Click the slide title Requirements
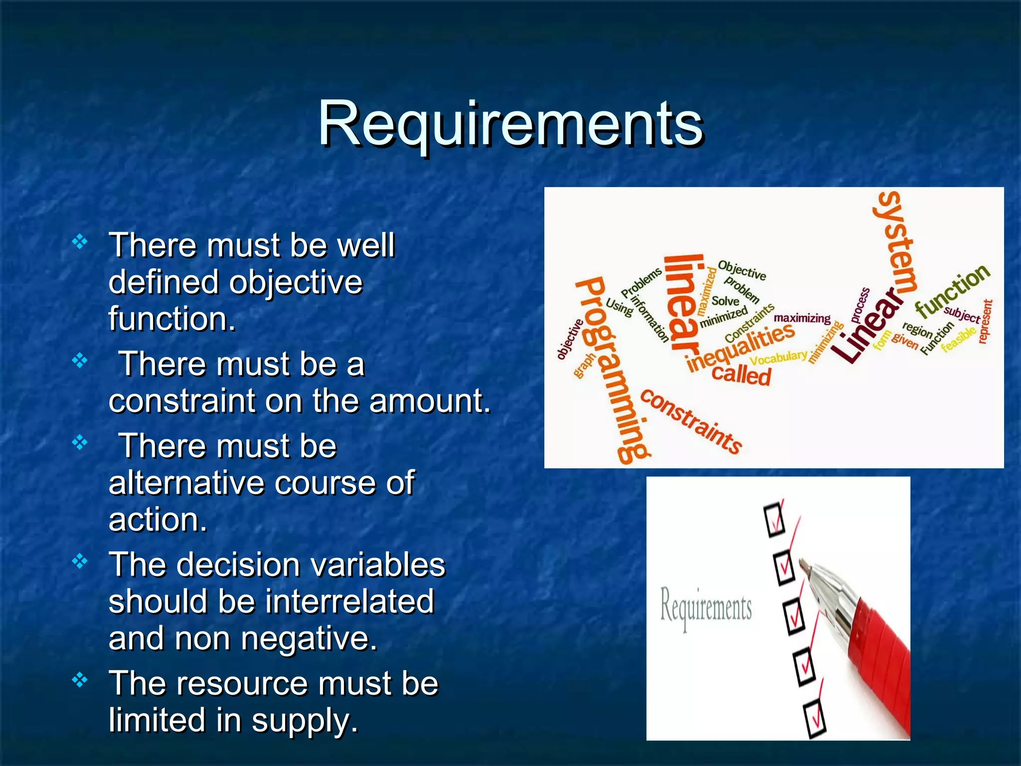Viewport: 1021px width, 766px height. click(510, 124)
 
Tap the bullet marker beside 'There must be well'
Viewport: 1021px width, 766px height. click(80, 242)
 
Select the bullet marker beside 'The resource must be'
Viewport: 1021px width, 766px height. click(80, 680)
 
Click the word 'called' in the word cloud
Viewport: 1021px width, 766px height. click(741, 374)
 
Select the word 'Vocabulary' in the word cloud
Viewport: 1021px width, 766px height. click(778, 357)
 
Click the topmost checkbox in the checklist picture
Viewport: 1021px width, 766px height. click(774, 520)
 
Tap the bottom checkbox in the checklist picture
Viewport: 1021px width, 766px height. click(815, 718)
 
